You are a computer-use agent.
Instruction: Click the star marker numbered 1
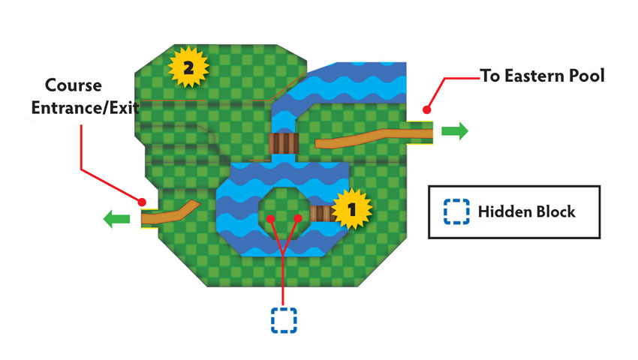pos(351,209)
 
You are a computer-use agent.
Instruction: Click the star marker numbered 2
pos(188,67)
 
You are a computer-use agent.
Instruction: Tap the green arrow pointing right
pos(455,131)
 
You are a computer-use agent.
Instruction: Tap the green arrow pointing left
pos(117,219)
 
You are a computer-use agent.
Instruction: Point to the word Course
pos(74,85)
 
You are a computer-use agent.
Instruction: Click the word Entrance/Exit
pos(85,108)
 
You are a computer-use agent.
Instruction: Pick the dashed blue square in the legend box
pos(456,211)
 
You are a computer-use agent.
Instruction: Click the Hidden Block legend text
pos(526,212)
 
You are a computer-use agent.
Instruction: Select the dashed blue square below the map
pos(284,320)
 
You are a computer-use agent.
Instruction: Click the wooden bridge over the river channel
pos(284,143)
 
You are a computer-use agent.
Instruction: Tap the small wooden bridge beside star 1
pos(322,214)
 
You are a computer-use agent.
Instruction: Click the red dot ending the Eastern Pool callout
pos(426,109)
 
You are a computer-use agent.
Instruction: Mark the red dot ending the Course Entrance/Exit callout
pos(142,202)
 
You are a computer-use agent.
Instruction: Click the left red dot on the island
pos(270,219)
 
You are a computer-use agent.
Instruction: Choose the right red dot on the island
pos(298,218)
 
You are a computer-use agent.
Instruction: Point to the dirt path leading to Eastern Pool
pos(374,137)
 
